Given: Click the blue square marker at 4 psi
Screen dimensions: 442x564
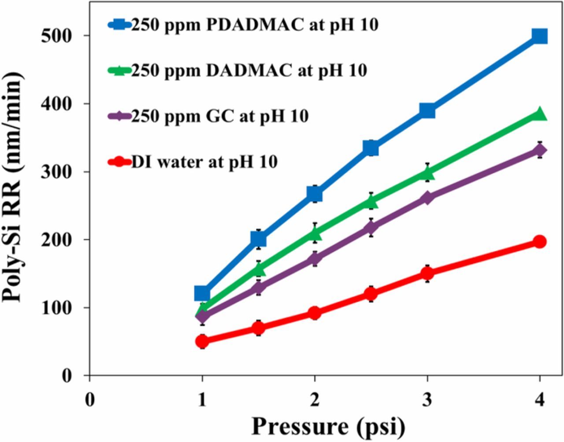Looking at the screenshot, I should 539,36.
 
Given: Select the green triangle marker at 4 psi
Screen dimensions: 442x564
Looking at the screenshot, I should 539,114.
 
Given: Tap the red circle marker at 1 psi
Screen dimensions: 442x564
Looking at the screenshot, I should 202,341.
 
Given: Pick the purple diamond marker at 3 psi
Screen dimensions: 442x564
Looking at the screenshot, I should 427,198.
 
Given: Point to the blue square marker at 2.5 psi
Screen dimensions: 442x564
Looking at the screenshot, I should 371,148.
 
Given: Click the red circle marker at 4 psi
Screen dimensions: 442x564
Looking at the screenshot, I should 539,242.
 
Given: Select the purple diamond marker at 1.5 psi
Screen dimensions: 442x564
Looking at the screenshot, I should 258,288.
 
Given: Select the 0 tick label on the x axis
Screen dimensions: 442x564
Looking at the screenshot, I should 90,401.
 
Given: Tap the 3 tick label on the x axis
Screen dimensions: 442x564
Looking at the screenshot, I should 427,401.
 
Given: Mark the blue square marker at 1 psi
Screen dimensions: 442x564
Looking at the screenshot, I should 202,293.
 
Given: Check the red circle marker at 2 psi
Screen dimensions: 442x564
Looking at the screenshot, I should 315,313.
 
